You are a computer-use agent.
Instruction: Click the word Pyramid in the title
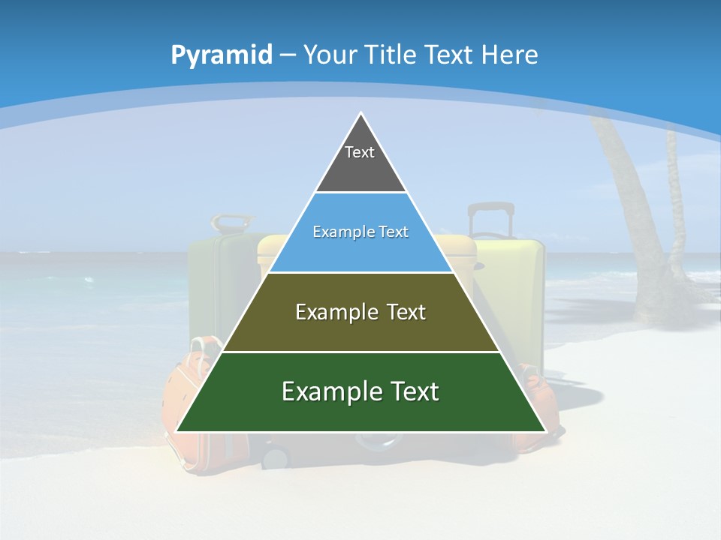pyautogui.click(x=221, y=55)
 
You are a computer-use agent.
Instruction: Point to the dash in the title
pyautogui.click(x=288, y=55)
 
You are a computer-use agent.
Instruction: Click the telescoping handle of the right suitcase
pyautogui.click(x=491, y=217)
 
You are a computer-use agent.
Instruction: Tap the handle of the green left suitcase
pyautogui.click(x=231, y=223)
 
